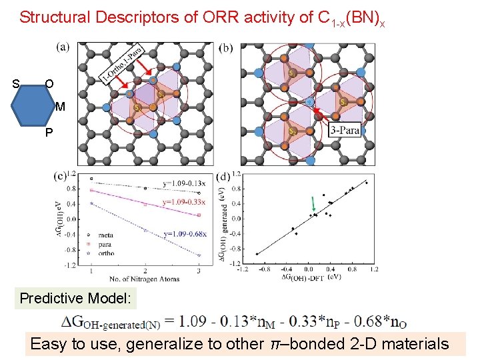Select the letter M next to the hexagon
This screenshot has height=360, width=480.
coord(60,107)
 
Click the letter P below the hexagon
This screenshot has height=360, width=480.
coord(49,132)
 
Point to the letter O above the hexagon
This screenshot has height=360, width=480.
coord(49,84)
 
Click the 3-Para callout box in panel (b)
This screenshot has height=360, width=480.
coord(344,131)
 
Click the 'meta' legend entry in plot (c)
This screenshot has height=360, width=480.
coord(105,235)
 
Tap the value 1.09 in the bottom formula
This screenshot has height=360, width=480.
coord(194,322)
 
